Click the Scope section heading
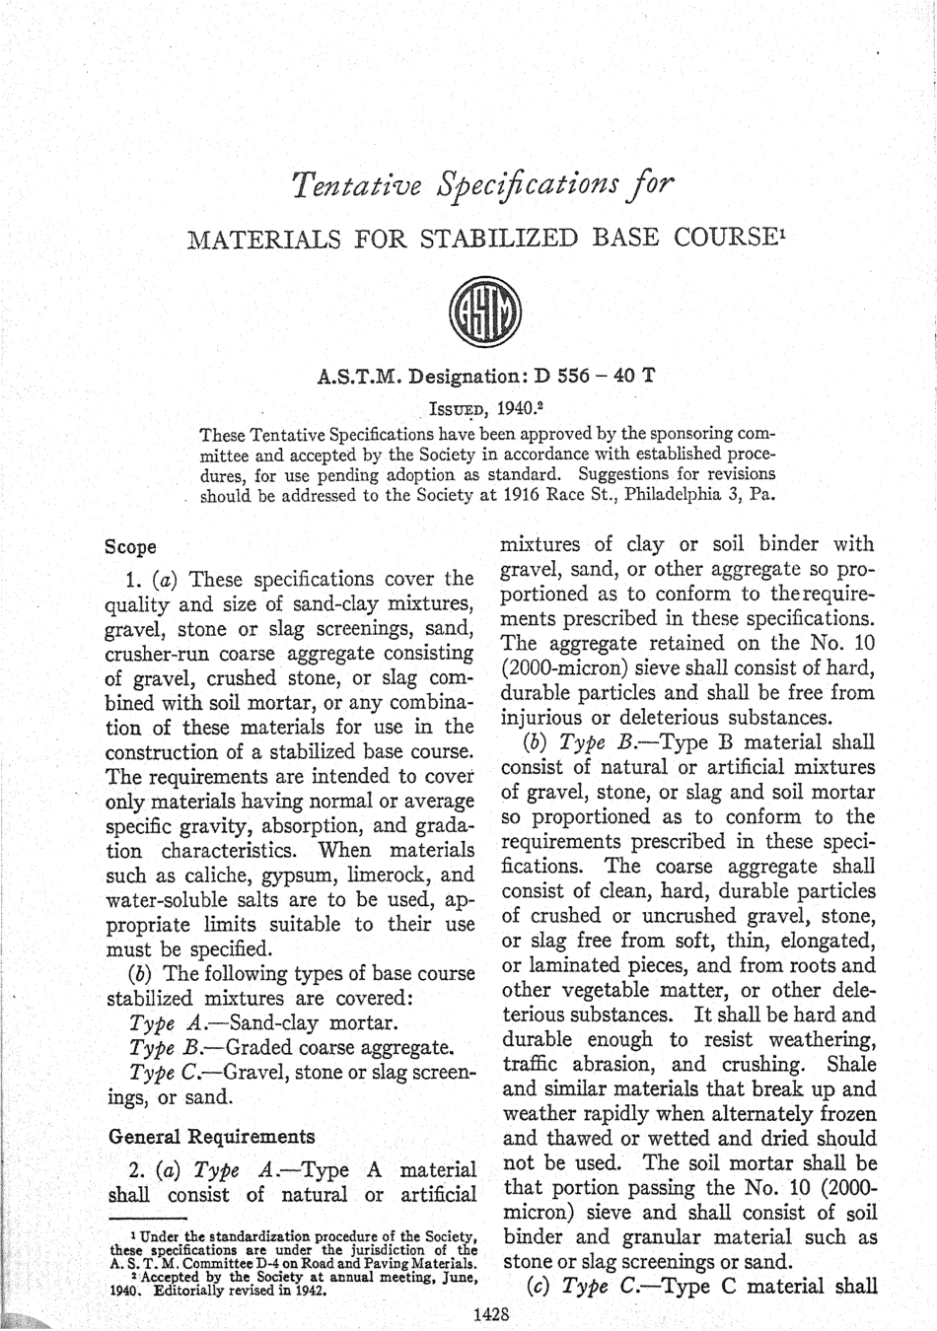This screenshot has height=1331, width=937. point(130,546)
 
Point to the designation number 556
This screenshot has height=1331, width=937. point(573,377)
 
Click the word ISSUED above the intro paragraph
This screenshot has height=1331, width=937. point(458,408)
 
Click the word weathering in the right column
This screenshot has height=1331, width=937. point(825,1040)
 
